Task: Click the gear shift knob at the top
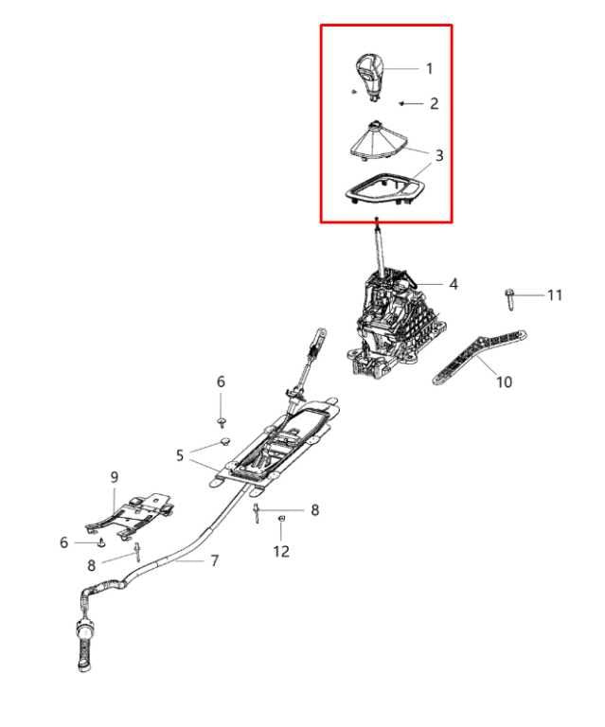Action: pyautogui.click(x=370, y=76)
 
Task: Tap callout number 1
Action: pyautogui.click(x=429, y=69)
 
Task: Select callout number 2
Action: pyautogui.click(x=434, y=103)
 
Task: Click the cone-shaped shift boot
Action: pyautogui.click(x=375, y=141)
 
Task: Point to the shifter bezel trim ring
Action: pyautogui.click(x=384, y=188)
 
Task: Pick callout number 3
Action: pyautogui.click(x=438, y=155)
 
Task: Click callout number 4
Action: pyautogui.click(x=454, y=284)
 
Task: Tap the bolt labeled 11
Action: pyautogui.click(x=510, y=299)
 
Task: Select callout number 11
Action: pyautogui.click(x=555, y=295)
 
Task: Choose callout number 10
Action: pyautogui.click(x=504, y=382)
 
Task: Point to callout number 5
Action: pyautogui.click(x=180, y=455)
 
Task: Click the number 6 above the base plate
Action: pyautogui.click(x=221, y=381)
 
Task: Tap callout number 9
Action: pyautogui.click(x=115, y=477)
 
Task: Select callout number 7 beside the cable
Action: pyautogui.click(x=214, y=561)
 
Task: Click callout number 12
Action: pyautogui.click(x=281, y=551)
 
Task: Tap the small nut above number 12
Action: pyautogui.click(x=280, y=518)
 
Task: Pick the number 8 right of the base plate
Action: pyautogui.click(x=314, y=510)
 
